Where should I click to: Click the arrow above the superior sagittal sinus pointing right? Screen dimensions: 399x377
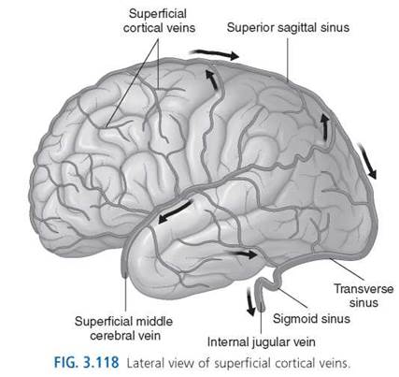point(216,54)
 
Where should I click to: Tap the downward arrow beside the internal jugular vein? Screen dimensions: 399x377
point(250,302)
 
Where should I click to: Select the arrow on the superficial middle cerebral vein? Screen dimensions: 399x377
point(175,211)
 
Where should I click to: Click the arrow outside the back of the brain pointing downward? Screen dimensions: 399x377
point(367,161)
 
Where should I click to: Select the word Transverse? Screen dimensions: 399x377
point(363,289)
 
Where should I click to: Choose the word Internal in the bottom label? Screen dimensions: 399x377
point(228,341)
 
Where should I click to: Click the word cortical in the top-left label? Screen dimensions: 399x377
point(142,28)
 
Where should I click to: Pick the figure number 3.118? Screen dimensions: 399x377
point(101,363)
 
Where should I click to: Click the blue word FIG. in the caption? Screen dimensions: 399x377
point(66,363)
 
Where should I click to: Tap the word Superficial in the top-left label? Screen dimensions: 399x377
point(158,14)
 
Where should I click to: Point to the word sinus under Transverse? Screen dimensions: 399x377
point(363,302)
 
